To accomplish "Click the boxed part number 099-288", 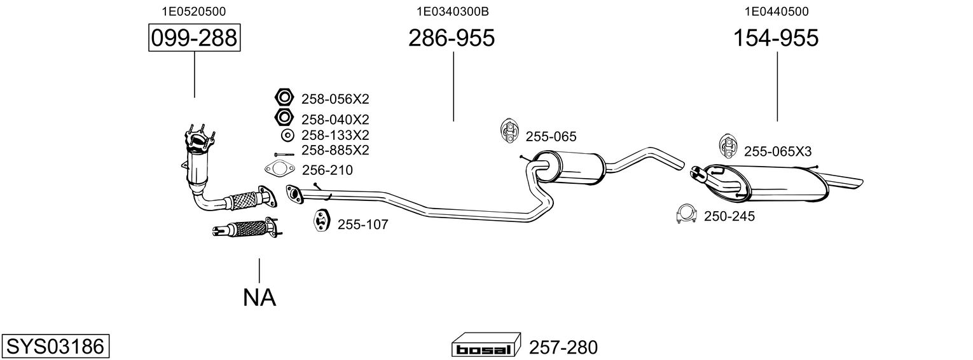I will tap(194, 39).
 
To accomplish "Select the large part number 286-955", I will tap(451, 39).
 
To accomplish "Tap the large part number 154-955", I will tap(776, 39).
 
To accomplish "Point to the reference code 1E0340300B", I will tap(452, 11).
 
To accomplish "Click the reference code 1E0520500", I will tap(194, 11).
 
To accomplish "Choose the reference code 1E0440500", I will tap(776, 11).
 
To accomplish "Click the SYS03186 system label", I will tap(55, 347).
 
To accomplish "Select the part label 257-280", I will tap(563, 347).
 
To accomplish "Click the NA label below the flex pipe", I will tap(259, 297).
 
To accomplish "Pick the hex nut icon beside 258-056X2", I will tap(283, 98).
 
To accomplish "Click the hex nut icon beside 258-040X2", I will tap(283, 118).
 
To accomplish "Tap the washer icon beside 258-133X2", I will tap(287, 135).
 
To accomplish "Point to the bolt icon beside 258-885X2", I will tap(284, 153).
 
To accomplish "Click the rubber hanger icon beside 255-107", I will tap(321, 220).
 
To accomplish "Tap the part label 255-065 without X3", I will tap(551, 136).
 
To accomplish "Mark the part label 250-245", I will tap(729, 216).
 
